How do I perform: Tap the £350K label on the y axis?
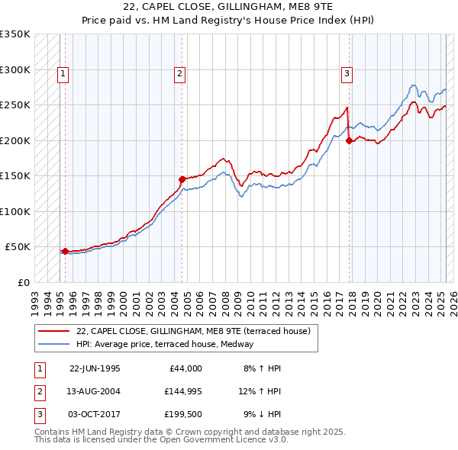(x=15, y=34)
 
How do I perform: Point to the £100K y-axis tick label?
(x=15, y=211)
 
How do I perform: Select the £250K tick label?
(x=15, y=105)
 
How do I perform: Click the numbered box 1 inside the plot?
(x=62, y=74)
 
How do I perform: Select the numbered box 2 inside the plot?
(x=179, y=74)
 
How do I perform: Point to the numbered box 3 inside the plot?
(x=347, y=74)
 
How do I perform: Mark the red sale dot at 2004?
(x=182, y=179)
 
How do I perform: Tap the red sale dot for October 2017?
(x=349, y=140)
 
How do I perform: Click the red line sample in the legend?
(x=55, y=332)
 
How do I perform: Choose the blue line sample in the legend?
(x=55, y=344)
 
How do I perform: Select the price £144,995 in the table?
(x=182, y=392)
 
